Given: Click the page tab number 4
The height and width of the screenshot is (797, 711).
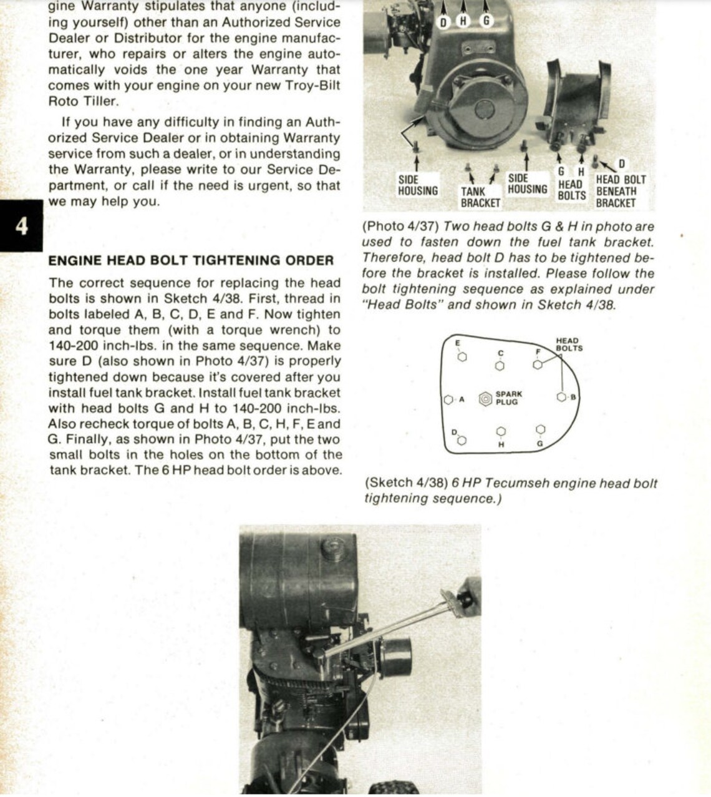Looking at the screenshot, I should (x=21, y=226).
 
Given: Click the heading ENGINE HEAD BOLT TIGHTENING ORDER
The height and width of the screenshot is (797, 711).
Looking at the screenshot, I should (x=191, y=260).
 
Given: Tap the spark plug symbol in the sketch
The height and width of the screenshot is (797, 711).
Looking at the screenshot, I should (x=485, y=398).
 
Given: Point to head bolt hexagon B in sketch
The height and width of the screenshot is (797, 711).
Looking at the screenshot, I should (x=561, y=397).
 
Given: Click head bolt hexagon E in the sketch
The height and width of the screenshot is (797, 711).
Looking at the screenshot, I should (x=462, y=357).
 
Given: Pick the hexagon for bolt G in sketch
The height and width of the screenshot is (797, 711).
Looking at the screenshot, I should (x=540, y=430).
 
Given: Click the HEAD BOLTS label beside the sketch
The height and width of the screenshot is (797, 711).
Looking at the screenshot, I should (x=568, y=345).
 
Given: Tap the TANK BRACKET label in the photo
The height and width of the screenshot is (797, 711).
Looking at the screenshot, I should (x=480, y=197).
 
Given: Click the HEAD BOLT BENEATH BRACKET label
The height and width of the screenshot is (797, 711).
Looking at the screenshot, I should (x=620, y=191).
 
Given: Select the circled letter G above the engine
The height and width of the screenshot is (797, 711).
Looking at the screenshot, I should (x=486, y=21).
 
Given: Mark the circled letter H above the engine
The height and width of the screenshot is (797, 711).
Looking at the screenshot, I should (x=463, y=21).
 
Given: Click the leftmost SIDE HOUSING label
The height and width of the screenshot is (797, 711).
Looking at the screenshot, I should (x=417, y=185).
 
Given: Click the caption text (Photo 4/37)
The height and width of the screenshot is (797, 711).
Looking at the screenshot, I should (x=401, y=227).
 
